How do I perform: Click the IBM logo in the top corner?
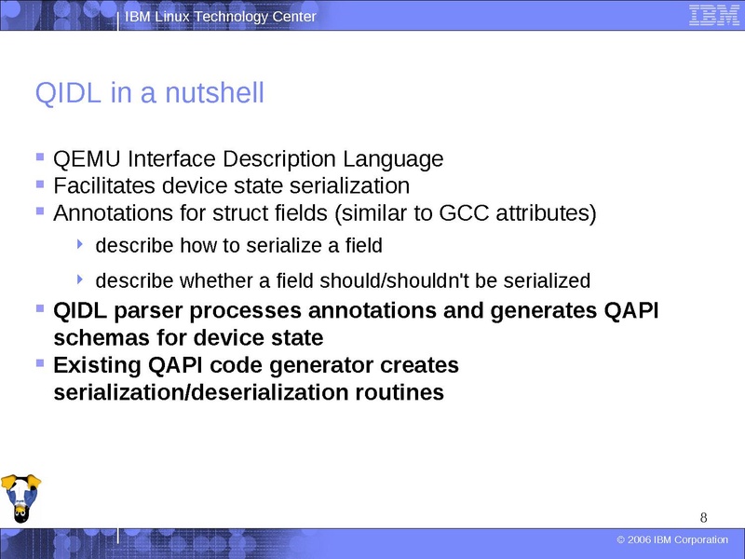point(707,16)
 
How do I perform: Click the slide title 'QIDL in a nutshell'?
point(149,94)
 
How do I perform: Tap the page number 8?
point(703,518)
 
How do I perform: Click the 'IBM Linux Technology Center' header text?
point(221,17)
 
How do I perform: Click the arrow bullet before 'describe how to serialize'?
point(80,246)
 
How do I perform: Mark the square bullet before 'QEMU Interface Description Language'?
point(39,158)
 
